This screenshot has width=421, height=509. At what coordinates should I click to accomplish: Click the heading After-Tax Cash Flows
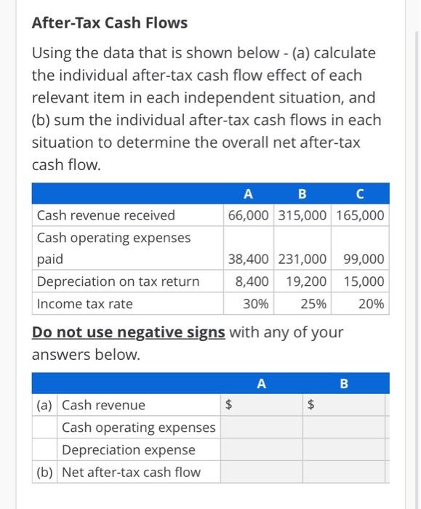click(110, 23)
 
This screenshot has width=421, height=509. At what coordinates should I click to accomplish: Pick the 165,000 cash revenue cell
click(361, 215)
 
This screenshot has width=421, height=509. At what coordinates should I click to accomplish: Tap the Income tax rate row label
click(85, 304)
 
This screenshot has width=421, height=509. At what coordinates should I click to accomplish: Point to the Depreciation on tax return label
click(118, 281)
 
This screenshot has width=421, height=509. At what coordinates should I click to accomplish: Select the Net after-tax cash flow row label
click(131, 472)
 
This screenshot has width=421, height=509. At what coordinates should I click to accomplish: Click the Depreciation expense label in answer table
click(129, 450)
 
